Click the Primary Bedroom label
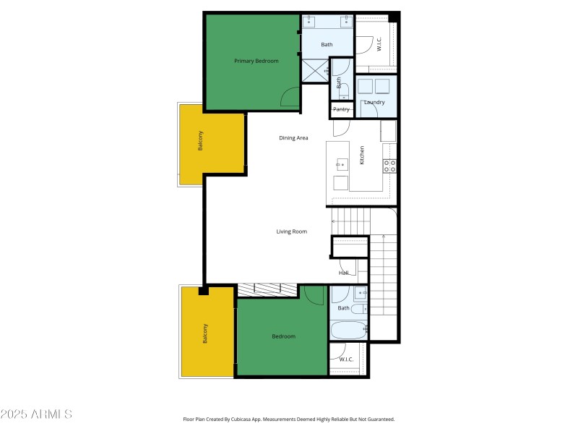click(256, 61)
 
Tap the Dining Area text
click(294, 137)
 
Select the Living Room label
click(292, 231)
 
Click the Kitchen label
click(362, 155)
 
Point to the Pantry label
click(342, 109)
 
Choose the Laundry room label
click(374, 103)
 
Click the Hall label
click(343, 273)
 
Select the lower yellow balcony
click(207, 332)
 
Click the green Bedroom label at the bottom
click(283, 336)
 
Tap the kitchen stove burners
click(389, 166)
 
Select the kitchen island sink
click(341, 164)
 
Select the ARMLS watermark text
click(36, 414)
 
